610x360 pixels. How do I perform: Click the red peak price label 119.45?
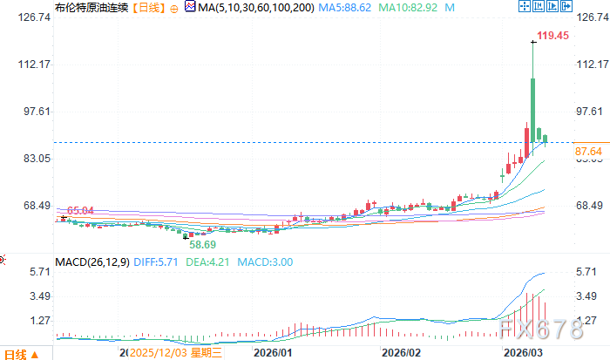553,36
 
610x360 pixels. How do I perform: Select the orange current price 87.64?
590,151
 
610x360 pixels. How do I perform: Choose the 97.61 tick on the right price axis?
590,112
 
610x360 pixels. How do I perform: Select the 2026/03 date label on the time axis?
525,353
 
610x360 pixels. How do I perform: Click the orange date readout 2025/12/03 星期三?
173,353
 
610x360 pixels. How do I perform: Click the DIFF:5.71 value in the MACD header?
157,262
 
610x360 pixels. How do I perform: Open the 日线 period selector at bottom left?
19,353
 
